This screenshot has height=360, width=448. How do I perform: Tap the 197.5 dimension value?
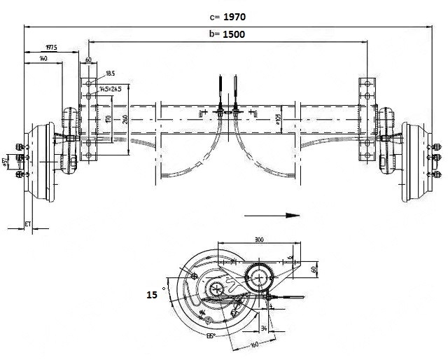tap(50, 48)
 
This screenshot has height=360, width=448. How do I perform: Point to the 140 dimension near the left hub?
tap(44, 59)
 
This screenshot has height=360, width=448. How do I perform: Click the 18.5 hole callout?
tap(110, 73)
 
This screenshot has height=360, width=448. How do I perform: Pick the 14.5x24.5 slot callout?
tap(111, 89)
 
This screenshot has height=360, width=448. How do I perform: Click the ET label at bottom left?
tap(28, 223)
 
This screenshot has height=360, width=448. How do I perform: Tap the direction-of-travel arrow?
tap(273, 215)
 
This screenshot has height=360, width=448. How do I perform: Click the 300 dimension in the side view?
tap(259, 240)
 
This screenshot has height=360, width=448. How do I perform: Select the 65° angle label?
tap(210, 336)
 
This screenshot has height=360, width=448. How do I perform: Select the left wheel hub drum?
tap(38, 162)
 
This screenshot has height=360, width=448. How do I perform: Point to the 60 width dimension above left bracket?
tap(89, 60)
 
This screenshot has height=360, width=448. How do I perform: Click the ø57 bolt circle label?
tap(6, 162)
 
